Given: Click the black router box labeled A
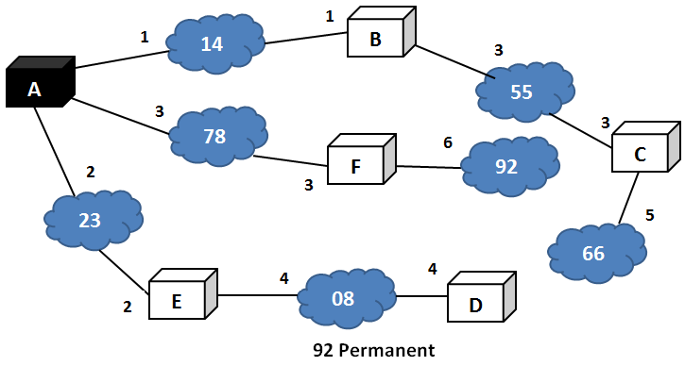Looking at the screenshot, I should [36, 90].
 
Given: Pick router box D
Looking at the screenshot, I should [476, 305].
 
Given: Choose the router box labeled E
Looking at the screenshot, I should [178, 299].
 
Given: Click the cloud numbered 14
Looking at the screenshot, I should [214, 42].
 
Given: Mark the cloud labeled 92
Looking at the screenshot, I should [507, 167].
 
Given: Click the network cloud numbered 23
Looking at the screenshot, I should [91, 220].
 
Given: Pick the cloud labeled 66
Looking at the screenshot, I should [595, 253].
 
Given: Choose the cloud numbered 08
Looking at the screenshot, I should [344, 300].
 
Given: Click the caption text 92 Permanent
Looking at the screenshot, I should [374, 351].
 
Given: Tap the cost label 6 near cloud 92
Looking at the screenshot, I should [449, 142].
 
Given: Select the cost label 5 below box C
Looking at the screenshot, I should [649, 215].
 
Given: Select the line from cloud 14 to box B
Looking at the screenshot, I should [304, 39].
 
